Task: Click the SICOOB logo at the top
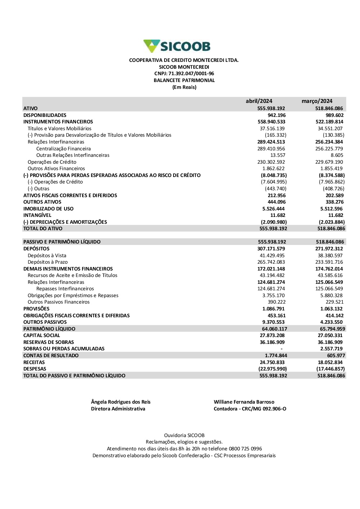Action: coord(177,46)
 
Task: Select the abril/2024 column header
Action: coord(259,101)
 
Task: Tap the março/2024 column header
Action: coord(317,101)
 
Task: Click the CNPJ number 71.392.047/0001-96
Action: coord(191,74)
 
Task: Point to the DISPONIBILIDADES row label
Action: coord(45,115)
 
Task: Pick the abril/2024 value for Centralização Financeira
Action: coord(271,149)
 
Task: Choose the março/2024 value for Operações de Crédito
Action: coord(329,162)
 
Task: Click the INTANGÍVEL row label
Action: coord(37,215)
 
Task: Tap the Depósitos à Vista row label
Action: coord(47,255)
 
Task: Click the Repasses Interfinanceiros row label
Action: coord(65,288)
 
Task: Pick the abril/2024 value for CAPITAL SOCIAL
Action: coord(272,335)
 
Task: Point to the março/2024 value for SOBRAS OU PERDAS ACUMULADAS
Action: coord(331,349)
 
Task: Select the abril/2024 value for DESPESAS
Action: coord(273,369)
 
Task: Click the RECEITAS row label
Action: coord(34,362)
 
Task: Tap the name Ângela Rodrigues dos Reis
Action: coord(121,402)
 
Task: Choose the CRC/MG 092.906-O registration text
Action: coord(264,409)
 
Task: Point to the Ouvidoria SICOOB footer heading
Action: coord(184,435)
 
